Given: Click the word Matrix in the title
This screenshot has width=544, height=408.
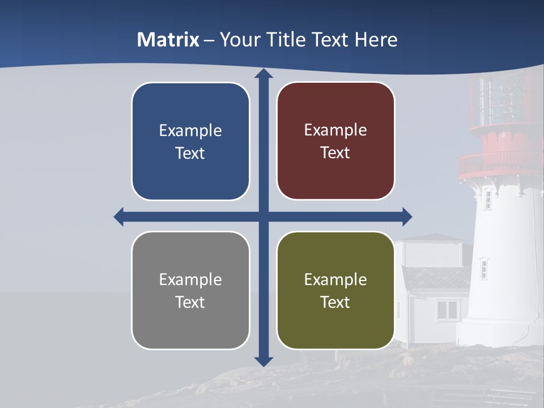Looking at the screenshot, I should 168,40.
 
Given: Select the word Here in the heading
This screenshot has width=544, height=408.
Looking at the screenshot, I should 376,40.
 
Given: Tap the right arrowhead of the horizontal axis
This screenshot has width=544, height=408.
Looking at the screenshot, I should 406,216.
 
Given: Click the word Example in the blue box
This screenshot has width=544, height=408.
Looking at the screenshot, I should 190,131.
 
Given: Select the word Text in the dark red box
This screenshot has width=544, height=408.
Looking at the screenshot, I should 335,153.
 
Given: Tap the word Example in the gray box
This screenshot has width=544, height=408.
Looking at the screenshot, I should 190,279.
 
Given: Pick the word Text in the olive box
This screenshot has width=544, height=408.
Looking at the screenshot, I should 335,302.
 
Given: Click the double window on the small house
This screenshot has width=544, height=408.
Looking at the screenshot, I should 448,309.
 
